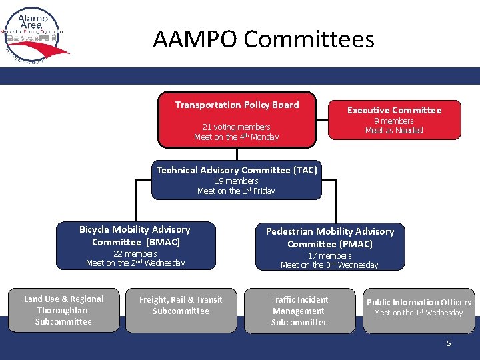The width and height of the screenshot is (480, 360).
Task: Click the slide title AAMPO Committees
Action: [263, 40]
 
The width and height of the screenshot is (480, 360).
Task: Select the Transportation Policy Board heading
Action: [237, 105]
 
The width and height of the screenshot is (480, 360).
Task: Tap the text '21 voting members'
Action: [236, 127]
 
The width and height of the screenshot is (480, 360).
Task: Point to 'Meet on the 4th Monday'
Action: [236, 137]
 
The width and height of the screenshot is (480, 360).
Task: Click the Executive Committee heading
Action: [394, 110]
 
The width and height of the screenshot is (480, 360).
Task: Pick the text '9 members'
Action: [394, 121]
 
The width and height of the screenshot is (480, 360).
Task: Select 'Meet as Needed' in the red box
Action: [394, 131]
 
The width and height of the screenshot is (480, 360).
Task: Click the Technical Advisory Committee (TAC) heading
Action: [237, 170]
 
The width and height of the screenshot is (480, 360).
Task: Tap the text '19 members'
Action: [236, 181]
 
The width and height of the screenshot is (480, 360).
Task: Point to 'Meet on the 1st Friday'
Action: [236, 191]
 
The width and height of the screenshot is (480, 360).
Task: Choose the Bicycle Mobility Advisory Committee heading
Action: [135, 235]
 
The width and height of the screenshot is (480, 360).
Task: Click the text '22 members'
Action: [135, 253]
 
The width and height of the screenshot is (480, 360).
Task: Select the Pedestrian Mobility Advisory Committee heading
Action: [330, 237]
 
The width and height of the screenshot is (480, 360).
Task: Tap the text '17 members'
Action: [329, 255]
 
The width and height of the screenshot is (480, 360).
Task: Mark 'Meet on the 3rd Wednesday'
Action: [329, 265]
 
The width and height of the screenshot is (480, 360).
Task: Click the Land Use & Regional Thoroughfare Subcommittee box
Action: [64, 311]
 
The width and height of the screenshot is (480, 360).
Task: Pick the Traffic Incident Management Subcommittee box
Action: [299, 311]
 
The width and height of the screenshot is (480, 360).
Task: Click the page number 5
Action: [449, 343]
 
